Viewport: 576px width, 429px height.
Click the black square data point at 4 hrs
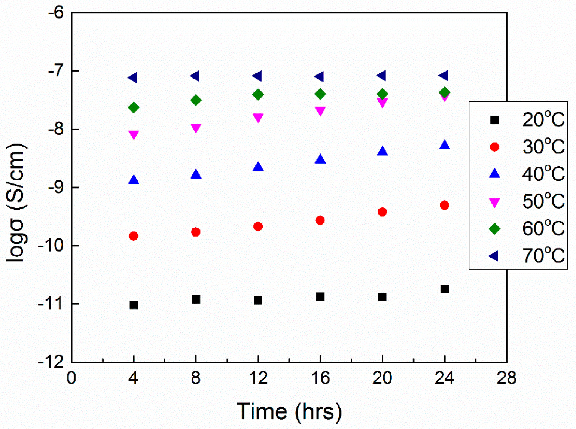[134, 305]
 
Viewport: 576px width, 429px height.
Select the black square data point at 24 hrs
[444, 289]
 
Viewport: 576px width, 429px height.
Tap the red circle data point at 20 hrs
[382, 212]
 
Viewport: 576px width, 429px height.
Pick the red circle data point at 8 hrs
[196, 232]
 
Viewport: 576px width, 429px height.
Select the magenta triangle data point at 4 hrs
[134, 135]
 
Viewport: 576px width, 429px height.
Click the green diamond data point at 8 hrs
[196, 100]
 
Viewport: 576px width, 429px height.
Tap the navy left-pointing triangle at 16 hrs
[319, 77]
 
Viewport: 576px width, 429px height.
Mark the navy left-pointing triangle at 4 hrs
[133, 78]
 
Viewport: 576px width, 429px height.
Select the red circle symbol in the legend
[494, 147]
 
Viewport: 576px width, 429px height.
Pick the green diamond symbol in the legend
[494, 229]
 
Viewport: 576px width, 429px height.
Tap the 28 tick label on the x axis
[506, 378]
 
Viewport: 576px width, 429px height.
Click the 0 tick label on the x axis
[71, 378]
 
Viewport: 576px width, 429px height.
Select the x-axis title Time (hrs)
[289, 411]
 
